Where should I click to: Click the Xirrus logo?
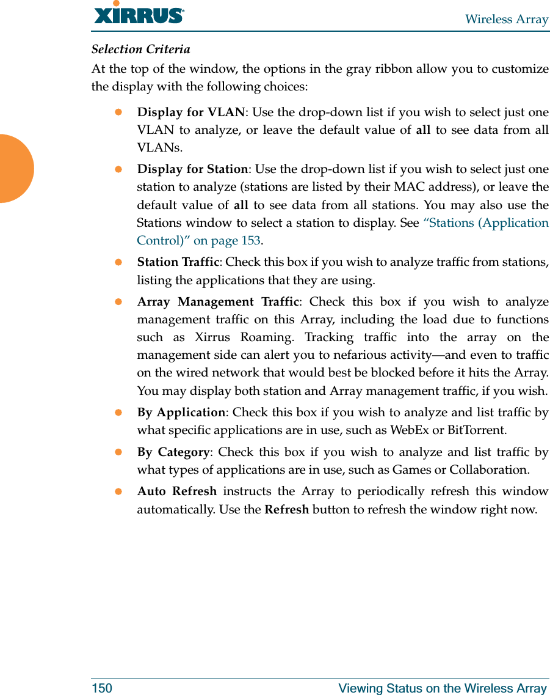(139, 13)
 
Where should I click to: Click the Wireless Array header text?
(506, 20)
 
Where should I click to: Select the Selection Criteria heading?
(140, 49)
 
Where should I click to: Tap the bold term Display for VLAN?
(190, 112)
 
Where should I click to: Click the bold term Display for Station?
(192, 169)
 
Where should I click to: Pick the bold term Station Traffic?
(178, 262)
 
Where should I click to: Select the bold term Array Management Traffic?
(218, 302)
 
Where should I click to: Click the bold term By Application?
(181, 413)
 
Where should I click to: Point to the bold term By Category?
(173, 452)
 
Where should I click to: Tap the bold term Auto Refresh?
(176, 491)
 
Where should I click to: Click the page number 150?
(102, 688)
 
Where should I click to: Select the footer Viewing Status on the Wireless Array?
(443, 688)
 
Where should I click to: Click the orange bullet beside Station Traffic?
(119, 262)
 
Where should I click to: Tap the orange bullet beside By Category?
(119, 452)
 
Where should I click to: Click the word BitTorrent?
(476, 430)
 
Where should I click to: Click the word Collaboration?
(488, 470)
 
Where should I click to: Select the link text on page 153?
(226, 241)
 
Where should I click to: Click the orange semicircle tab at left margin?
(15, 168)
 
